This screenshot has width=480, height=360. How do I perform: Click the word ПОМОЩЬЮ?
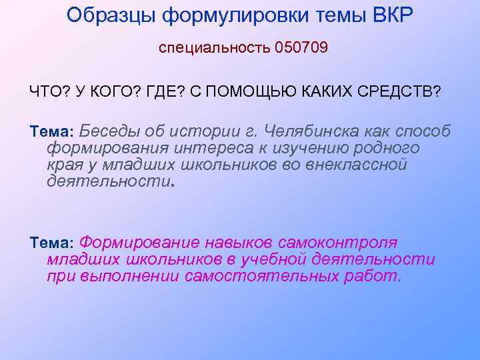(x=245, y=91)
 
